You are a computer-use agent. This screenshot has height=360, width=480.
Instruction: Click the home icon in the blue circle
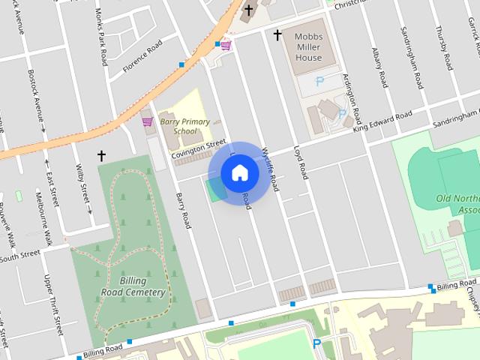239,174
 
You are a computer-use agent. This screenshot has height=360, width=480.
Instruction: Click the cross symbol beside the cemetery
101,156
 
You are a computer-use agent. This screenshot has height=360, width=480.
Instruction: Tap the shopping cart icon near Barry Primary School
147,121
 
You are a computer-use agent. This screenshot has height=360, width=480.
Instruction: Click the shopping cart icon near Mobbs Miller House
225,46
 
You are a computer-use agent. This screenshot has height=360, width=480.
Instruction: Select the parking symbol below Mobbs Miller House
320,80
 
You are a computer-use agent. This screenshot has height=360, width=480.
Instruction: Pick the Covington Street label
198,148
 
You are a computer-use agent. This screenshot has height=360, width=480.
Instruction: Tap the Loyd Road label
300,161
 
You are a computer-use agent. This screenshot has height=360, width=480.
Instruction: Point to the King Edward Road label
382,122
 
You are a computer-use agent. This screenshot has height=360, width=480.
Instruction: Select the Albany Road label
379,66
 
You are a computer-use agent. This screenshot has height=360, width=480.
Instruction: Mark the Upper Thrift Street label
54,304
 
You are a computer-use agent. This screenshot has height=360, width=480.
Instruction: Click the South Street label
19,256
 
